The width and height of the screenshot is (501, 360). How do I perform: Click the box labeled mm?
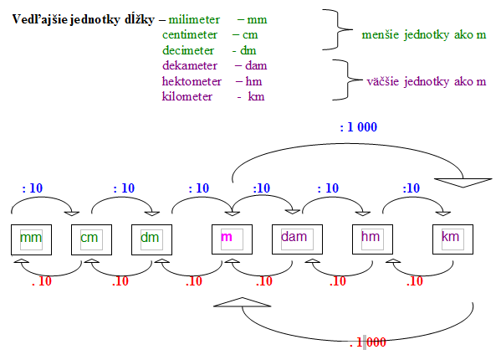pos(31,239)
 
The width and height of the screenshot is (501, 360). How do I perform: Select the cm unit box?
pos(91,239)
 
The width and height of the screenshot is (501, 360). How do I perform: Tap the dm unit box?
pos(151,239)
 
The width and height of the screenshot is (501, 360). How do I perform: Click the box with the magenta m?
pos(232,239)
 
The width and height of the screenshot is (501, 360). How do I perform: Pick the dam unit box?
pos(297,239)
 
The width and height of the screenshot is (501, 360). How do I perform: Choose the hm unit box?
pos(372,239)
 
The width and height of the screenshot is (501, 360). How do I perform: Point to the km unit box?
pos(452,239)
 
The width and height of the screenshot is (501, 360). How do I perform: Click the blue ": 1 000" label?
pos(359,127)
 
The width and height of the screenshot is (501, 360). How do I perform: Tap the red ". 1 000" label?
pos(368,342)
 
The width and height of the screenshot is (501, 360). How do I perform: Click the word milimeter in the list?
pos(194,20)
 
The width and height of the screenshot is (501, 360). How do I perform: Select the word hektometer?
pos(192,81)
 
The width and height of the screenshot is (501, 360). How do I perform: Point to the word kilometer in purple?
pos(187,96)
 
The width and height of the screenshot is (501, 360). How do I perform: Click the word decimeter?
pos(188,50)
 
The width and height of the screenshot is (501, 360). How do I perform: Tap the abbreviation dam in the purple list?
pos(256,66)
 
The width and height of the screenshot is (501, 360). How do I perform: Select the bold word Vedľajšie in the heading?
pos(40,20)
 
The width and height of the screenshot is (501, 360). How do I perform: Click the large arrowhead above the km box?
pos(463,183)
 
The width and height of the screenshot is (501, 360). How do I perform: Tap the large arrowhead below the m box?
pos(243,302)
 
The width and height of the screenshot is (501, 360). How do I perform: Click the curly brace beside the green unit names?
pos(338,30)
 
